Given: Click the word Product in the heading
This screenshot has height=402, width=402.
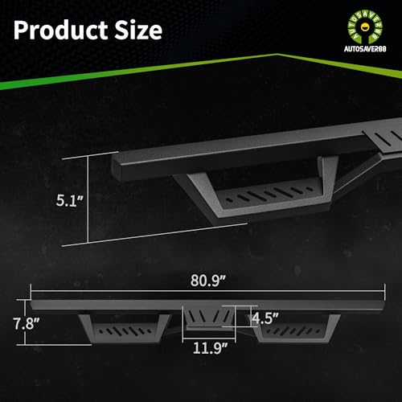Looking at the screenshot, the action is coord(61,31).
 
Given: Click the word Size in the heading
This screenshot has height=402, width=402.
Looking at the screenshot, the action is coord(138,30).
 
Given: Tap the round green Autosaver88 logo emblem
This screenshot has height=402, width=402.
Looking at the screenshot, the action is coord(365,27).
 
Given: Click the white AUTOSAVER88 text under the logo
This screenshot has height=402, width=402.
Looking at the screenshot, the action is coord(365,49).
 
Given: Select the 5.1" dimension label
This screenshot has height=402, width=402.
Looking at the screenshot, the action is coord(70,200).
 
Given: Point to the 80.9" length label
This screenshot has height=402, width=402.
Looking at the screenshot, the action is coord(208,281).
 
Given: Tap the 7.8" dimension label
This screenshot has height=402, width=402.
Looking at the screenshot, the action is coord(27,323).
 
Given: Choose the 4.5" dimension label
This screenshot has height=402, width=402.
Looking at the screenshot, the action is coord(265,318).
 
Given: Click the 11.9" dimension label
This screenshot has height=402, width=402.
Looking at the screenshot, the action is coord(210,348).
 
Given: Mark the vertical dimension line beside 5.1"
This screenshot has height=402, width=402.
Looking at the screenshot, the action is coord(88,199).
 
